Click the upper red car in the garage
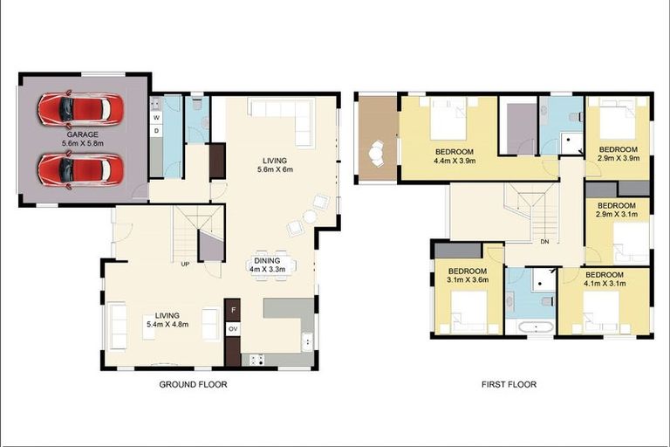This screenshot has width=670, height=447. point(74,110)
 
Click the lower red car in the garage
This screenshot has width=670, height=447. point(78,168)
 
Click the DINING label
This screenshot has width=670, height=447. point(267,259)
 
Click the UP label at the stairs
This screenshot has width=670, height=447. point(185,263)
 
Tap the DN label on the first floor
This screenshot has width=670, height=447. point(544,242)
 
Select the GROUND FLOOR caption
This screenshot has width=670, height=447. point(193,384)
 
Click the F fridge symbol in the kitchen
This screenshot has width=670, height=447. point(234,309)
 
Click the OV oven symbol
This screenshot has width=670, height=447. point(233,329)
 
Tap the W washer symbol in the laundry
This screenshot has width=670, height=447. point(156,117)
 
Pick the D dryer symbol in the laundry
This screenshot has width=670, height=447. point(156,130)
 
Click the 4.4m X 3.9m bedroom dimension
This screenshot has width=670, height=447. point(455,161)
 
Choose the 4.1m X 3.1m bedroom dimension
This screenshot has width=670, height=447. point(604,281)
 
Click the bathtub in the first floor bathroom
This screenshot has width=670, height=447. point(530,328)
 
